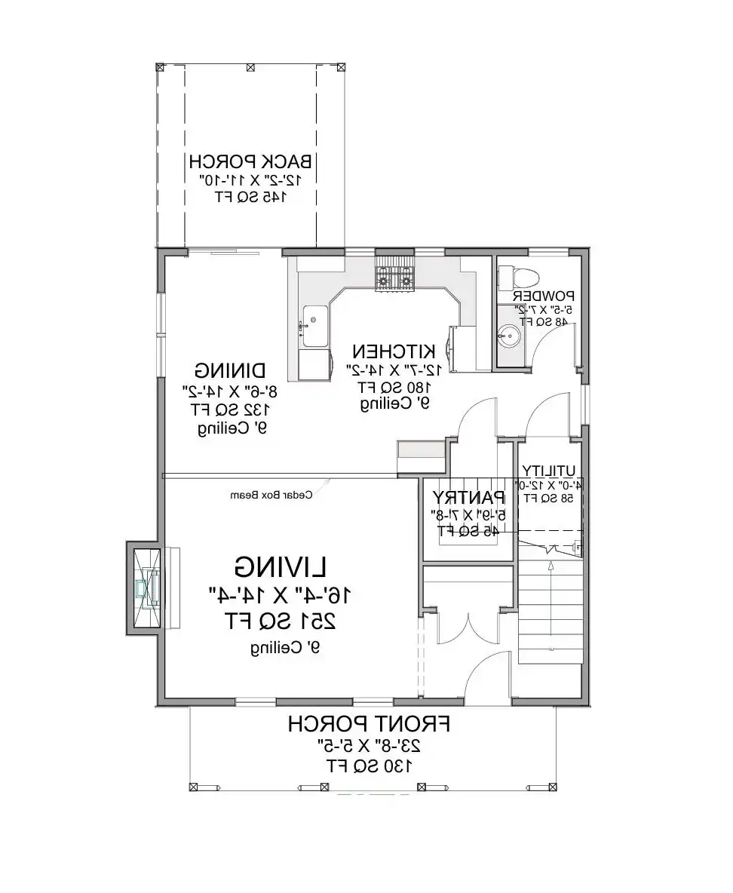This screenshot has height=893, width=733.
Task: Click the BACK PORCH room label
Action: coord(250,161)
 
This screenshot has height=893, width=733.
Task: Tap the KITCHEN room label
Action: coord(394,351)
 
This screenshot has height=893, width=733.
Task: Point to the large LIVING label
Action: coord(281,566)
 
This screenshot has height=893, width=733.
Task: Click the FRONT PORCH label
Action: coord(369,725)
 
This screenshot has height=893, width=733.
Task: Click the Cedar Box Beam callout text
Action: coord(271,496)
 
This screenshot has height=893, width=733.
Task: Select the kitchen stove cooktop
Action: coord(395,277)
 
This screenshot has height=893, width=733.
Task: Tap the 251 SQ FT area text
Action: coord(281,621)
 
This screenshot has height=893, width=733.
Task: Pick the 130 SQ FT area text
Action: coord(369,766)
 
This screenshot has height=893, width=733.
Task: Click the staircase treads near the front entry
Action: coord(550,611)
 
